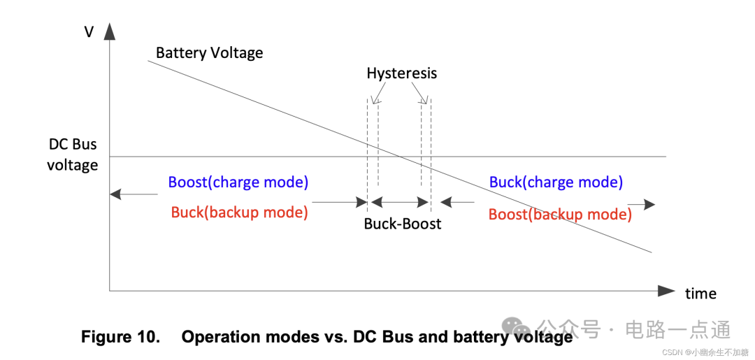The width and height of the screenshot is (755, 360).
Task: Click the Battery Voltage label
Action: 209,53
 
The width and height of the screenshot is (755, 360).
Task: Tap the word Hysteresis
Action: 401,73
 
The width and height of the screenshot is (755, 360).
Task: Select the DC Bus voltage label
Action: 73,154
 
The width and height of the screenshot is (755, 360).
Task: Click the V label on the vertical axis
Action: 89,31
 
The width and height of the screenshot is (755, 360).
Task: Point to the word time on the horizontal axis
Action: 700,294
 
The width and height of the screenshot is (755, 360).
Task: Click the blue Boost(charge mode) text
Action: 238,182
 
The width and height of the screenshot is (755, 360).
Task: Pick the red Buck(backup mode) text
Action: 239,213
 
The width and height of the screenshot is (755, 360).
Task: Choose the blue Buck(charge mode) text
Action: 556,182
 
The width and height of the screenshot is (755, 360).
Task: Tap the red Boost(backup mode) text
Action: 559,215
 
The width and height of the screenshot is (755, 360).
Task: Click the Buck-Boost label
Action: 403,224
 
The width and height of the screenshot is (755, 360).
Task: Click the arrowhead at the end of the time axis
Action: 667,290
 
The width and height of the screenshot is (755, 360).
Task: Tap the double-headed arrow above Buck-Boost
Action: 399,203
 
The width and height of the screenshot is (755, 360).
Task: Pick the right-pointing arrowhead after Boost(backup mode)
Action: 649,204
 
